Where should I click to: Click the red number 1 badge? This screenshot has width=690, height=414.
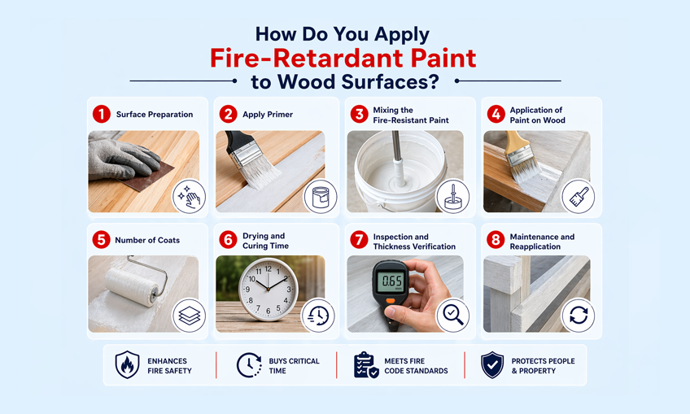pos(101,115)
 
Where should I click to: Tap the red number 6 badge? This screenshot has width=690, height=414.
pos(229,240)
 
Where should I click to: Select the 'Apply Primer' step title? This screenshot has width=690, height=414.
pos(268,115)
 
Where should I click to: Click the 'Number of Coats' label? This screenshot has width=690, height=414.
pos(148,240)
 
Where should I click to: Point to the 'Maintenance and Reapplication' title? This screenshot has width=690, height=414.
pos(542,242)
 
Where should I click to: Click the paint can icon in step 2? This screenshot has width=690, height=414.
pos(319,197)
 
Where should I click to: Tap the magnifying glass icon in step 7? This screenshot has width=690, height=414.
pos(452,316)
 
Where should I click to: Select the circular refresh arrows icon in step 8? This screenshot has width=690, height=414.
pos(579,316)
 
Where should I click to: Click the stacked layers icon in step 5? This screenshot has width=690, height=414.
pos(189,316)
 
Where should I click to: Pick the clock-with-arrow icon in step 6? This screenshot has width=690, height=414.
pos(318,316)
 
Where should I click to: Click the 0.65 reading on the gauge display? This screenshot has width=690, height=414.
pos(391,282)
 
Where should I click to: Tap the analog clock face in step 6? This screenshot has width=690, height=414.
pos(269,290)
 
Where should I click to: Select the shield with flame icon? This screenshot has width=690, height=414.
pos(127,365)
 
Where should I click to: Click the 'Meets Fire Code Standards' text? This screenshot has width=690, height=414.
pos(416,366)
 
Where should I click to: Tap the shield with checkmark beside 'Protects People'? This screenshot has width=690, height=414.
pos(491,365)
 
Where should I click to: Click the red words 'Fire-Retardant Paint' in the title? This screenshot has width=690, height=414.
pos(343,59)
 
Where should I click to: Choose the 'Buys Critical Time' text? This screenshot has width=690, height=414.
pos(294,366)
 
